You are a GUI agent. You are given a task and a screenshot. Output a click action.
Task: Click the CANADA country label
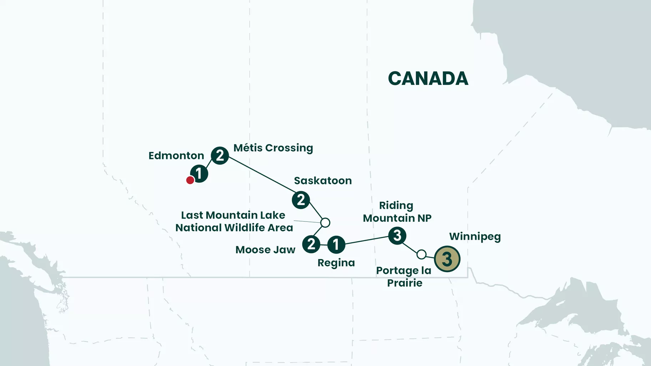point(428,78)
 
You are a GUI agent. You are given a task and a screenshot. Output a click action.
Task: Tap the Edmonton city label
point(176,156)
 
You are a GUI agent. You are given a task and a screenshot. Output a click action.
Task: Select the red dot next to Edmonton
point(190,180)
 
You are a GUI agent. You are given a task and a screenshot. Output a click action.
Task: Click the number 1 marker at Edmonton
point(199,174)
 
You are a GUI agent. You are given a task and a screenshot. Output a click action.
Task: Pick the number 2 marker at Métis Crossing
point(220,155)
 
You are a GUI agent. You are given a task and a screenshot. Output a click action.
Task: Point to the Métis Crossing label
point(273,148)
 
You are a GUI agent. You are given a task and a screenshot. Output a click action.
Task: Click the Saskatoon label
point(323,181)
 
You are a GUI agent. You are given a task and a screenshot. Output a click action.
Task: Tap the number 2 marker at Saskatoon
point(301,200)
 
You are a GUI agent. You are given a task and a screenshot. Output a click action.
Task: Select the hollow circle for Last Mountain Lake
point(325,223)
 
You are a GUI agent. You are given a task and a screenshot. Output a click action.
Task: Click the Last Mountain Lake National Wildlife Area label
point(234,221)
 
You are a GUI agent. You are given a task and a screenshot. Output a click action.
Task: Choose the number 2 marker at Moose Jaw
point(311,244)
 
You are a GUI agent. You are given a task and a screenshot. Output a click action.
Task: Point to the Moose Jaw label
point(265,250)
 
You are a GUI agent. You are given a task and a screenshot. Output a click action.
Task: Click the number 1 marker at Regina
point(336,245)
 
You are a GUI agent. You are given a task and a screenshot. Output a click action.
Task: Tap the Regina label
point(336,263)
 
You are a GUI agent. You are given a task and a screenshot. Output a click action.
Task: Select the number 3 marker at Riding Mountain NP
point(397,235)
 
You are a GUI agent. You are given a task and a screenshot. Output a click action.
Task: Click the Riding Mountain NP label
point(397,212)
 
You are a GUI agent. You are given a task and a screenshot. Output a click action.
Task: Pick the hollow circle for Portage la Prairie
point(422,254)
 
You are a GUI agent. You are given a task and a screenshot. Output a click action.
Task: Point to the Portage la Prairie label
point(404,276)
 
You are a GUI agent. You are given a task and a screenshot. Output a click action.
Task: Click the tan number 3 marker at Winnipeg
point(447,259)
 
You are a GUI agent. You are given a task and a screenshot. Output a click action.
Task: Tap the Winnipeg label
point(475,237)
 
